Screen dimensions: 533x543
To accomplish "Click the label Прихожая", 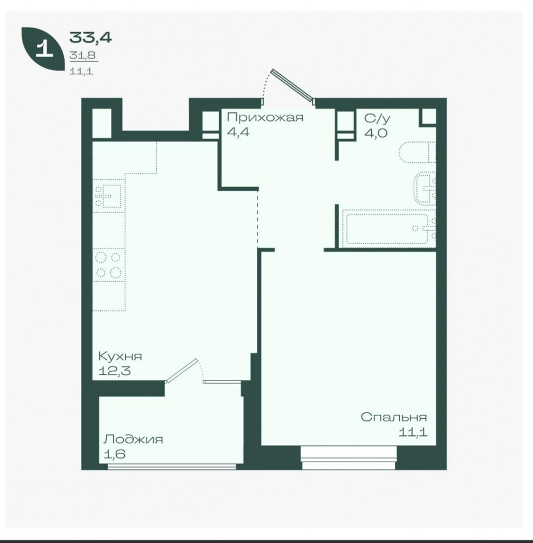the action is [x=265, y=117].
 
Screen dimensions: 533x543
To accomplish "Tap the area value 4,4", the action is [x=238, y=132].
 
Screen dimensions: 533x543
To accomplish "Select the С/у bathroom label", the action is [x=377, y=119].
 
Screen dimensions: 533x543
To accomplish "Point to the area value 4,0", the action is [x=376, y=133].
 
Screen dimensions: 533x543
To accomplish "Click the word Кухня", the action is [x=120, y=356].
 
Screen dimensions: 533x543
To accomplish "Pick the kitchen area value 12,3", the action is [x=114, y=371].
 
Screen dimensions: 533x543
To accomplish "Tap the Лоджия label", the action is [x=133, y=439].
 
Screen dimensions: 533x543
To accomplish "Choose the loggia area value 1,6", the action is [x=114, y=454].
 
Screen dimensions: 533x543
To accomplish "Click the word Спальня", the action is [x=394, y=417].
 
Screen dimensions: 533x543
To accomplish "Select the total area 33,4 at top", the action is [x=90, y=37].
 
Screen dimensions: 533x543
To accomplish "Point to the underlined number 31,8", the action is [x=82, y=55].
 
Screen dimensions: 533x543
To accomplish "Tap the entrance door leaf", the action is [x=293, y=85].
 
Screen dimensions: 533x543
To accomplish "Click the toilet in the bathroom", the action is [x=418, y=152].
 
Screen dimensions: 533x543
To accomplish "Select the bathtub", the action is [x=389, y=228].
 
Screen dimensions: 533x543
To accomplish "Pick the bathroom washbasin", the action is [x=425, y=188].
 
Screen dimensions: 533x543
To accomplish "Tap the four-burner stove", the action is [x=109, y=265].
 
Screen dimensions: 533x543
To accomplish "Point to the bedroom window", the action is [x=348, y=458].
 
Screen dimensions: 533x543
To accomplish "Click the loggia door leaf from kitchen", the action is [x=182, y=371].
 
